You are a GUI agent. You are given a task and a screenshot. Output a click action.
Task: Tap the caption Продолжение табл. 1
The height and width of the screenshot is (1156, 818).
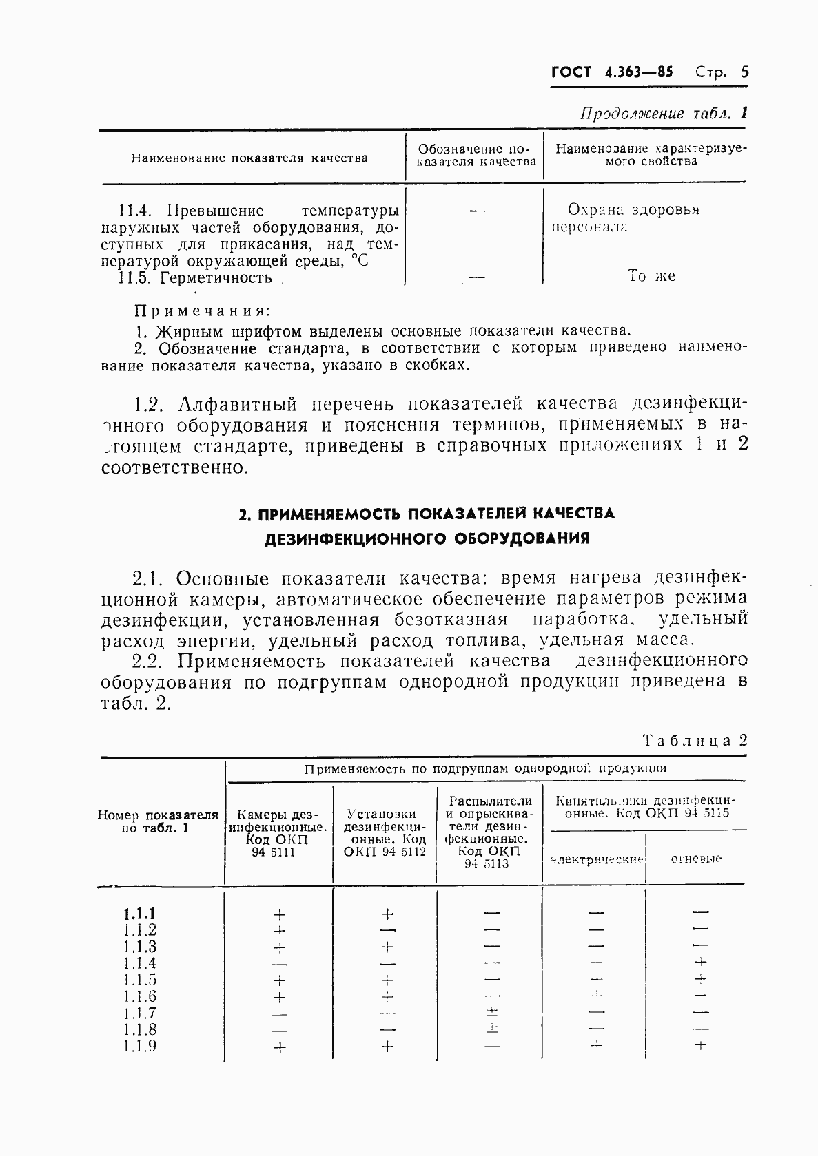click(663, 114)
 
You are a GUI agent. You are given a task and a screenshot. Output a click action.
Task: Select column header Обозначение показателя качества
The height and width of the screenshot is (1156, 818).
click(476, 156)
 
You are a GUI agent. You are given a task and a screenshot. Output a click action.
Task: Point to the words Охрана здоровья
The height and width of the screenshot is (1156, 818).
click(633, 209)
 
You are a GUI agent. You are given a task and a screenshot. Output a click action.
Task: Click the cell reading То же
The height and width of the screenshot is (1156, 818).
click(651, 276)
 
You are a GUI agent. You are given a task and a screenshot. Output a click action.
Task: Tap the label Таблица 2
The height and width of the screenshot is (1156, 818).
click(694, 740)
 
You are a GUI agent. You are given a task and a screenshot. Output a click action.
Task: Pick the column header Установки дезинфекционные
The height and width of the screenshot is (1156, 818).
click(385, 832)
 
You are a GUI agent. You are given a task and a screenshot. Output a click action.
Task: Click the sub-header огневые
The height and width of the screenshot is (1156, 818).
click(695, 859)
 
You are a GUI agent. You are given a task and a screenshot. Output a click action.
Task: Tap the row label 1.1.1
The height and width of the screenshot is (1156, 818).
click(140, 914)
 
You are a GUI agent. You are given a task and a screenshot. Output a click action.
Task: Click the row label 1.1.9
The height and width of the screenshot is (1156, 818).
click(140, 1046)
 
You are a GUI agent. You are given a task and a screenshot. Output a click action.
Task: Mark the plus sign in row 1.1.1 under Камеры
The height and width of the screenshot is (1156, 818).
click(279, 914)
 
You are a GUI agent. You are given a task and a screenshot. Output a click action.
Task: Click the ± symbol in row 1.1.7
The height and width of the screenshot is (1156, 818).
click(493, 1012)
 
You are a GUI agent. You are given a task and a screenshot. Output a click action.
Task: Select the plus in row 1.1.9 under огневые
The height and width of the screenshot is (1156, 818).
click(700, 1045)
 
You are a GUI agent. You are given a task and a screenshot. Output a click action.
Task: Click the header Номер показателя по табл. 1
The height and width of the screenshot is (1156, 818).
click(158, 821)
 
